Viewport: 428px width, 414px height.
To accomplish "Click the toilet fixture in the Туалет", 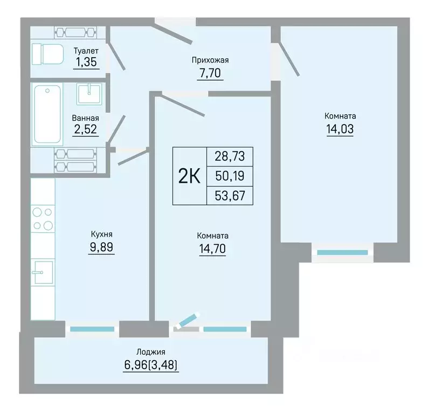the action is click(47, 54).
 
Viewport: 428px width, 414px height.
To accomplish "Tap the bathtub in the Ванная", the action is click(47, 114).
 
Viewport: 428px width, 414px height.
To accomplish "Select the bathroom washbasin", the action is click(89, 94).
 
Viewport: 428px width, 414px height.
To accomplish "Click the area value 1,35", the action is click(86, 62).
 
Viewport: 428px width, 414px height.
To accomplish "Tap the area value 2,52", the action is click(86, 129).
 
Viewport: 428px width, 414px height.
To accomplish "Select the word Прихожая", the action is click(210, 60).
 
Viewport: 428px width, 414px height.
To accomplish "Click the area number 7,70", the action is click(210, 73).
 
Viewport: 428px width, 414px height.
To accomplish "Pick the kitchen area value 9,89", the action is click(101, 247).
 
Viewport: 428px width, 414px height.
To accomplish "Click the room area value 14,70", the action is click(212, 249).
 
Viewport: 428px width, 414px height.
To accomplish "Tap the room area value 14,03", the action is click(340, 129).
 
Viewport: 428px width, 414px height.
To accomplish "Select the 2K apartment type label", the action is click(189, 176).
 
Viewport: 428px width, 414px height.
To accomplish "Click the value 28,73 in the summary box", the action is click(230, 156).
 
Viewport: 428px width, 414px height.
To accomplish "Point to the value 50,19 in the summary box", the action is click(230, 176).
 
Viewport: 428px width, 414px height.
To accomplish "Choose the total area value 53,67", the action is click(230, 196).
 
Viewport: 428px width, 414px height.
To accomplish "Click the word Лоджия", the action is click(151, 352).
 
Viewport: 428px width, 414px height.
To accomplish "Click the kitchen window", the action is click(92, 329).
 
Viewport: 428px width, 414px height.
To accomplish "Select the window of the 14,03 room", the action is click(343, 253).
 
